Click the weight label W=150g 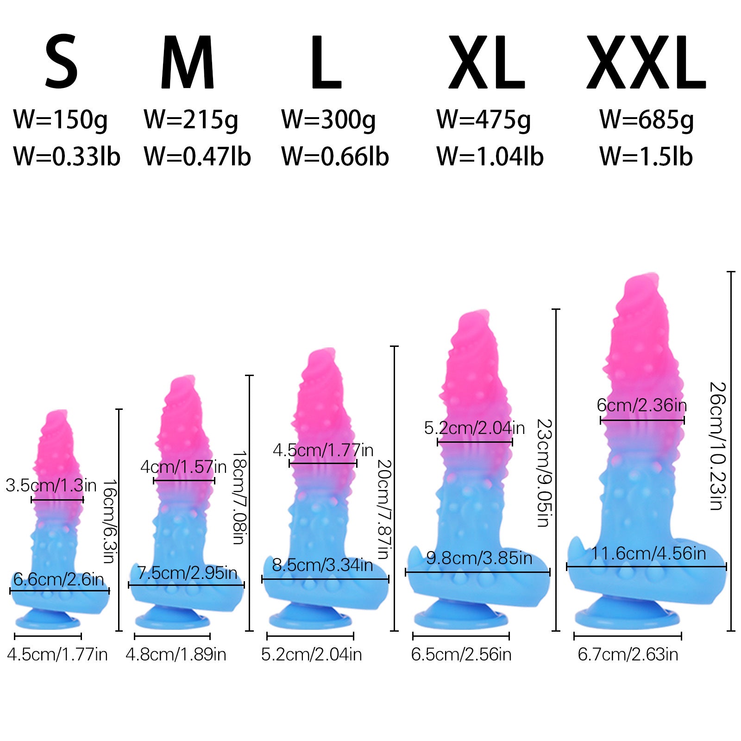click(x=60, y=120)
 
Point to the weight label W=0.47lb click(x=197, y=157)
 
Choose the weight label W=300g click(x=328, y=120)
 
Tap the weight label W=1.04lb click(x=490, y=157)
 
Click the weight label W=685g click(x=647, y=120)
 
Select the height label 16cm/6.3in click(x=109, y=521)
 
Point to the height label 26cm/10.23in click(x=716, y=446)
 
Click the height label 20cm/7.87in click(x=384, y=509)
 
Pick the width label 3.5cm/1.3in click(x=51, y=485)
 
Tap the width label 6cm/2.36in click(x=641, y=405)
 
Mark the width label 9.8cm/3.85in click(x=479, y=558)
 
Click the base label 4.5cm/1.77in click(x=57, y=654)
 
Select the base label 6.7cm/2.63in click(x=628, y=654)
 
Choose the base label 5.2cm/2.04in click(x=311, y=654)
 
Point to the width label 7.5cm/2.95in click(x=187, y=573)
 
